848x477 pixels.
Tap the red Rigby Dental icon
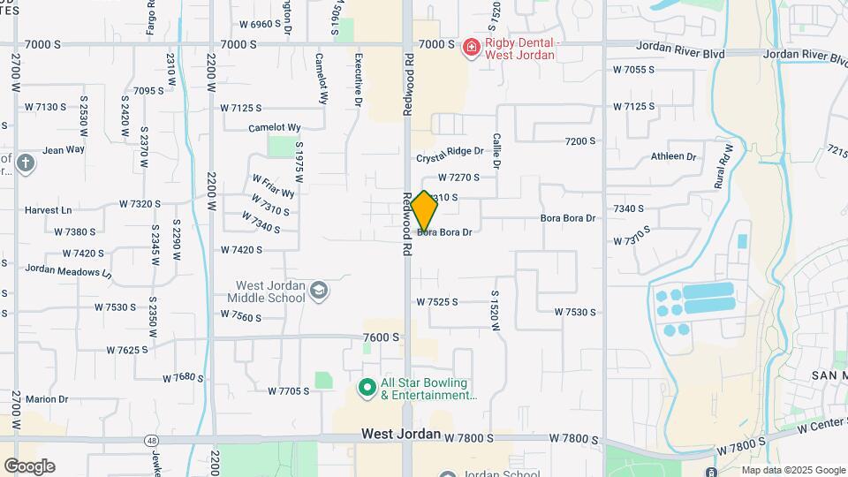(471, 46)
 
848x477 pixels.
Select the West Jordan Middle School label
(270, 291)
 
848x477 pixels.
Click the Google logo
(28, 466)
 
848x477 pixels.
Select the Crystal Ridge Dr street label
(450, 152)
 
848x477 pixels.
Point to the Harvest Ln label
(48, 210)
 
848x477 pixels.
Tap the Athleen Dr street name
(674, 156)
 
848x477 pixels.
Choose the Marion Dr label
(47, 399)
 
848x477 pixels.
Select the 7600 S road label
(382, 337)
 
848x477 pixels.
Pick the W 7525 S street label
(437, 302)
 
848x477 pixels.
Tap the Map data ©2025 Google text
(793, 470)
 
